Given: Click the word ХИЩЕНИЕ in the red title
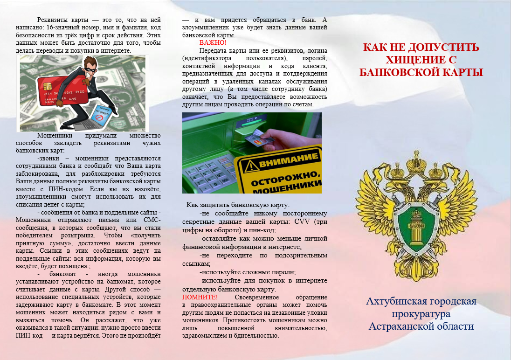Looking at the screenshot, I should [407, 60].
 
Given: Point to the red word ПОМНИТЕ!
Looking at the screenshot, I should [200, 297].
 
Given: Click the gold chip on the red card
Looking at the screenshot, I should [48, 86].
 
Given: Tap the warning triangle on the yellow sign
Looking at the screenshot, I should [253, 164].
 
